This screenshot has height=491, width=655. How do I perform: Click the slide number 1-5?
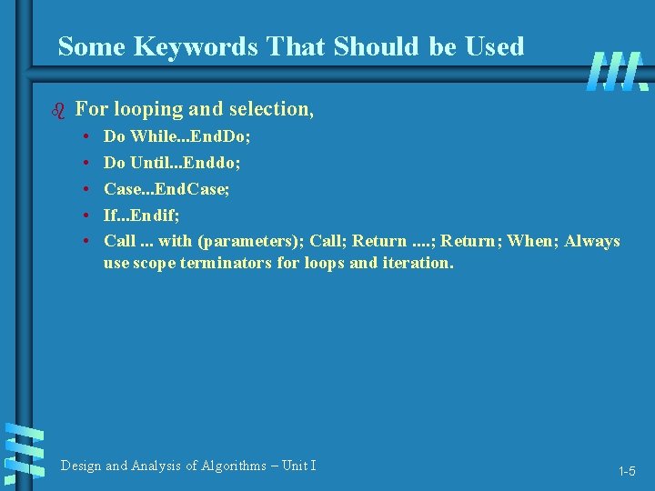tap(627, 471)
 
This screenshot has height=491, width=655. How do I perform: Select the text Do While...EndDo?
tap(177, 136)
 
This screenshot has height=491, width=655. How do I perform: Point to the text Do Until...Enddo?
tap(172, 163)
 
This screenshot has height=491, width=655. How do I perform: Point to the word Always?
tap(591, 241)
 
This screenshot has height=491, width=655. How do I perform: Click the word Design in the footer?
tap(81, 466)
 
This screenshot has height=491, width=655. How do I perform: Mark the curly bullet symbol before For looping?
tap(61, 111)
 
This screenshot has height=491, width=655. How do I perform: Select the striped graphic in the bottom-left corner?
tap(25, 452)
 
